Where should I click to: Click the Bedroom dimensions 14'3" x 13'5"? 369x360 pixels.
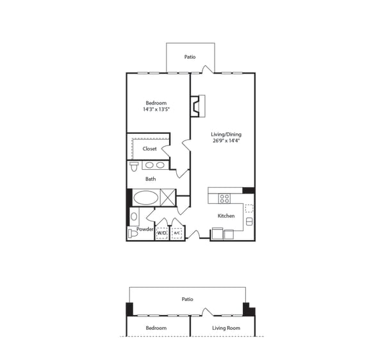click(156, 109)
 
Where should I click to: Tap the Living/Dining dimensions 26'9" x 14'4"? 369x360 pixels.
click(226, 141)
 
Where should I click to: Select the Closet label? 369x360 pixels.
click(149, 149)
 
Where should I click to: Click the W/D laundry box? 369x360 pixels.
click(161, 233)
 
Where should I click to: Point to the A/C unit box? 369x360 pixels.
click(177, 233)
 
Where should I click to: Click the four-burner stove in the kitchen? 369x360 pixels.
click(224, 199)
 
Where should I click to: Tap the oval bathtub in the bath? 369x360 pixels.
click(146, 198)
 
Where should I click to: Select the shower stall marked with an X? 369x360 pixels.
click(168, 198)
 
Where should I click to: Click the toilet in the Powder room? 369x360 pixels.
click(133, 234)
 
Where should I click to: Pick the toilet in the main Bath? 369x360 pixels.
click(134, 167)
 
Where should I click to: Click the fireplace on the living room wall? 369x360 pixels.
click(198, 106)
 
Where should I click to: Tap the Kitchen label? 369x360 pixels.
click(226, 216)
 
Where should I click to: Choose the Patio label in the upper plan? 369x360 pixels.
click(190, 57)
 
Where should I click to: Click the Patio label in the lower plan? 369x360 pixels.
click(187, 299)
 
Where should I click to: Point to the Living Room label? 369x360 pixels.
click(226, 328)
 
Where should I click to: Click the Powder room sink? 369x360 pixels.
click(134, 217)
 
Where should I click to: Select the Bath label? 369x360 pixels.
click(151, 179)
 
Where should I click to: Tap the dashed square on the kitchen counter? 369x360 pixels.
click(249, 208)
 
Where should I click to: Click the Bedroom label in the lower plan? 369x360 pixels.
click(156, 328)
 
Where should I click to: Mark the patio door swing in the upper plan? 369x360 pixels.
click(208, 69)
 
